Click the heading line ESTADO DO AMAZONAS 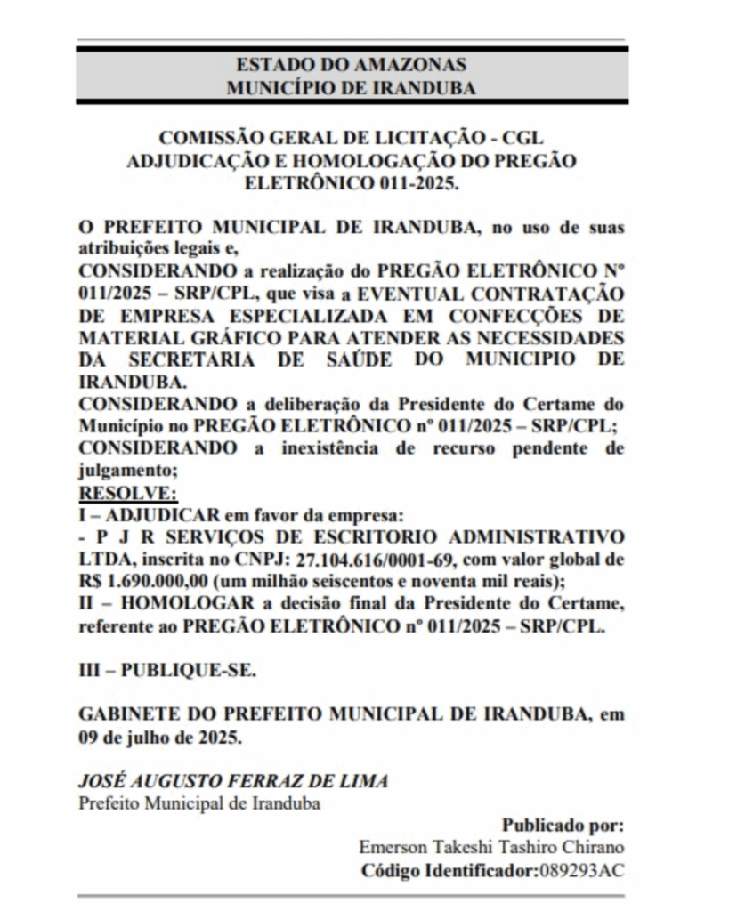351,65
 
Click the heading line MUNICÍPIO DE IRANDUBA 351,87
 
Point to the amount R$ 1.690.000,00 143,582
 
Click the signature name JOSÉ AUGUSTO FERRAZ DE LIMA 233,781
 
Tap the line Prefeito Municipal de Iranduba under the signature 199,802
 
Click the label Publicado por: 563,825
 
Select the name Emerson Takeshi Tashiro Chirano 491,847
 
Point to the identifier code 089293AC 581,869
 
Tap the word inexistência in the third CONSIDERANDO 333,447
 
